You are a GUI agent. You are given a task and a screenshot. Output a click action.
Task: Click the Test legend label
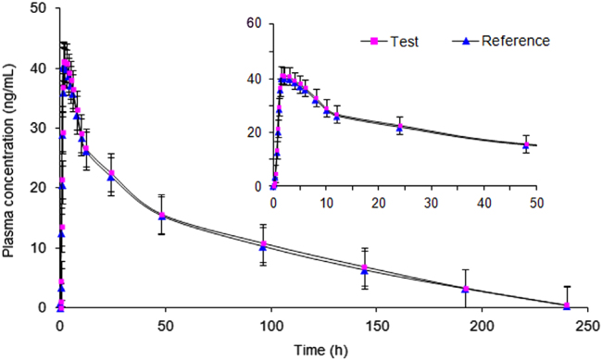tap(399, 41)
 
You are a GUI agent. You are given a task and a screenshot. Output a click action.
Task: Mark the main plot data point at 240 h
tap(568, 305)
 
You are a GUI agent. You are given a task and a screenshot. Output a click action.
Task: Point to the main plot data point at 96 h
tap(263, 245)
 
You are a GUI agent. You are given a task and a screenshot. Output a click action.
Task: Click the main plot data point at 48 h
tap(162, 216)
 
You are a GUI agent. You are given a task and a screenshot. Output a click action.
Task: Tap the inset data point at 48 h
tap(526, 144)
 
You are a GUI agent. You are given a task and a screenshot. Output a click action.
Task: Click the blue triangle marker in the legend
tap(468, 41)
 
